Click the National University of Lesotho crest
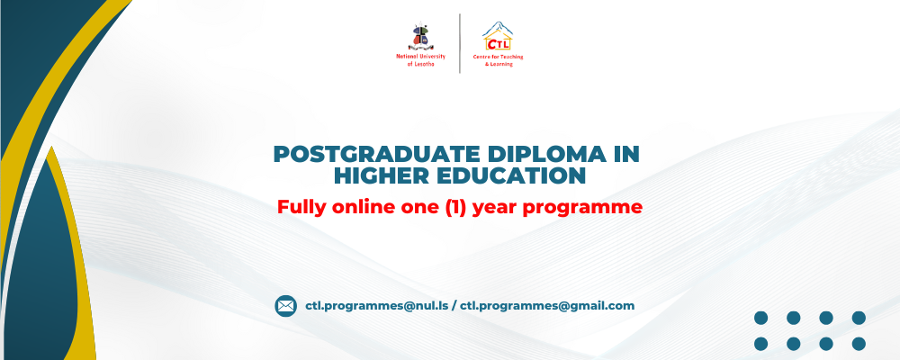420,36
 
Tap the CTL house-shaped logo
498,36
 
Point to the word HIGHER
381,176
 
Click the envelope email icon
285,306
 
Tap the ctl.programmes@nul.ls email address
376,306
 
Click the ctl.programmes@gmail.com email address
547,306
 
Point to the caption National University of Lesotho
420,60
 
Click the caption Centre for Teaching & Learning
499,60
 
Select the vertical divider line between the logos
460,43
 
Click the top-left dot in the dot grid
761,318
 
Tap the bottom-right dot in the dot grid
859,344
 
